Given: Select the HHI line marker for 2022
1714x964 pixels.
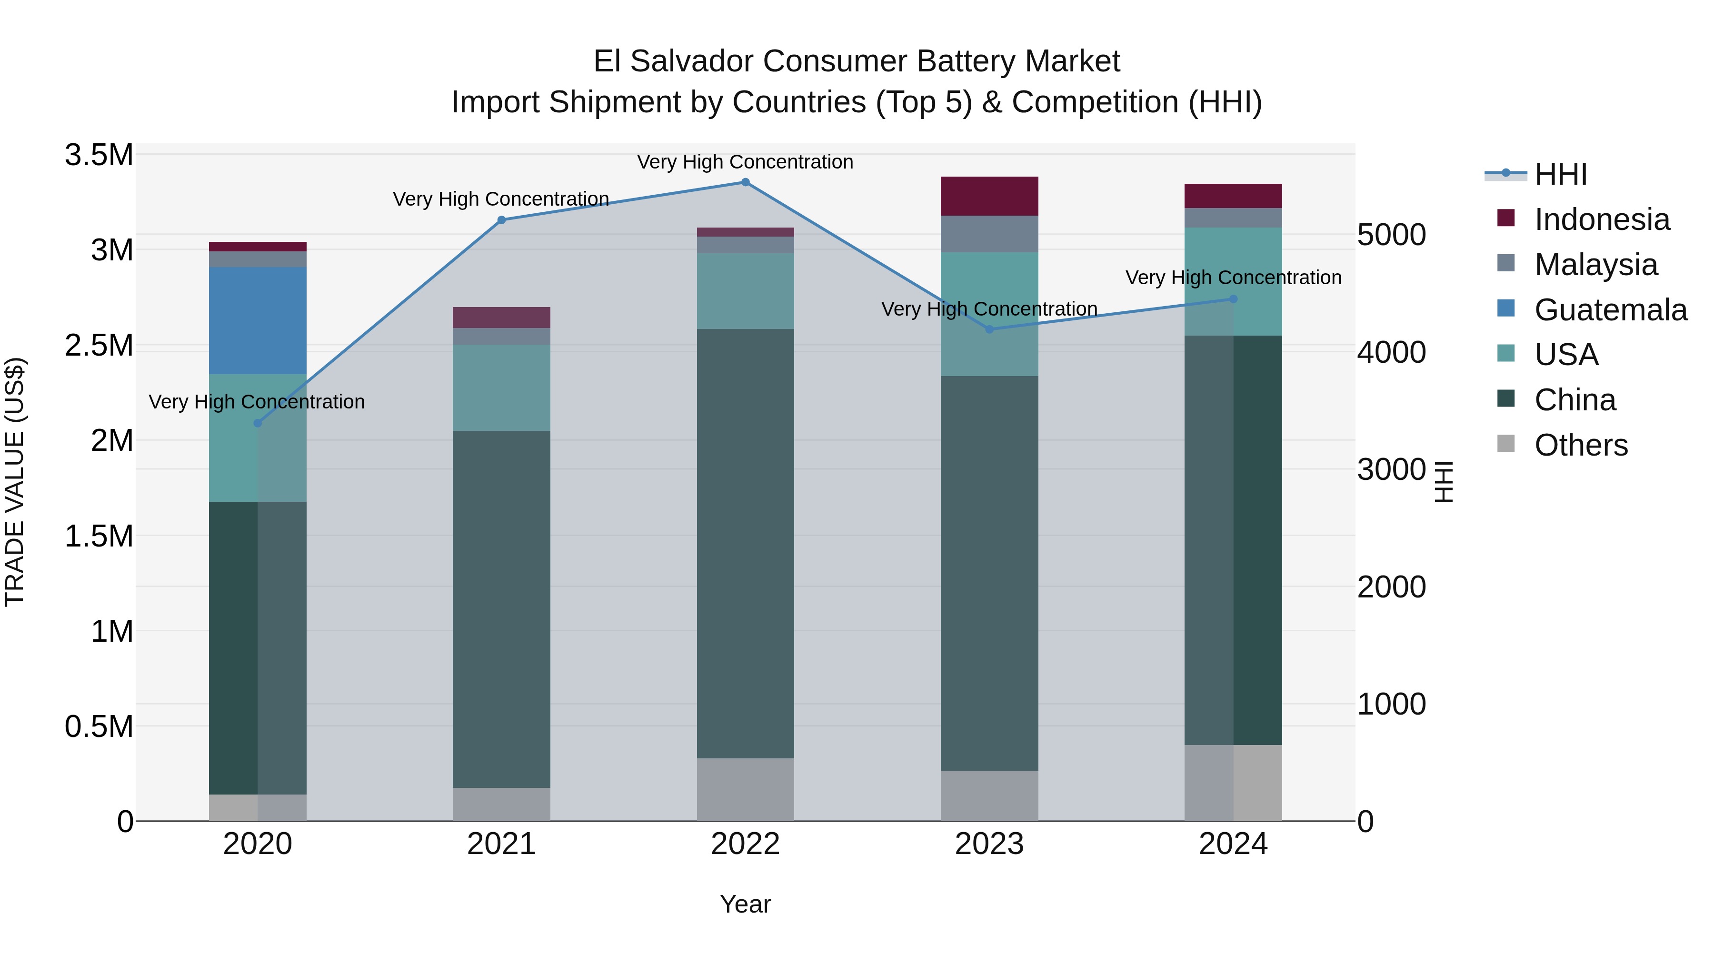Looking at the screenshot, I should click(745, 182).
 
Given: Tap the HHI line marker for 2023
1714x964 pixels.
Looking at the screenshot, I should click(989, 329).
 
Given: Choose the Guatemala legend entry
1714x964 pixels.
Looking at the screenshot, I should click(1610, 310).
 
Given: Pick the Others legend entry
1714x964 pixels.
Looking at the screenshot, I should click(1580, 445).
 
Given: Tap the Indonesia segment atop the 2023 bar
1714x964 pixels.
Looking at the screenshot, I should click(989, 196).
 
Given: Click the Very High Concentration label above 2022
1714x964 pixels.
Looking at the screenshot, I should click(745, 162).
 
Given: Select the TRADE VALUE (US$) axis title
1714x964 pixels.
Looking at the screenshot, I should click(15, 482).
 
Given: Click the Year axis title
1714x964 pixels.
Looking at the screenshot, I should click(745, 904).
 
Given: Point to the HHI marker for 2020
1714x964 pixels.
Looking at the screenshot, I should click(258, 423).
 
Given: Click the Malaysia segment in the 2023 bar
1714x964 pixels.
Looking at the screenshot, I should click(989, 234).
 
